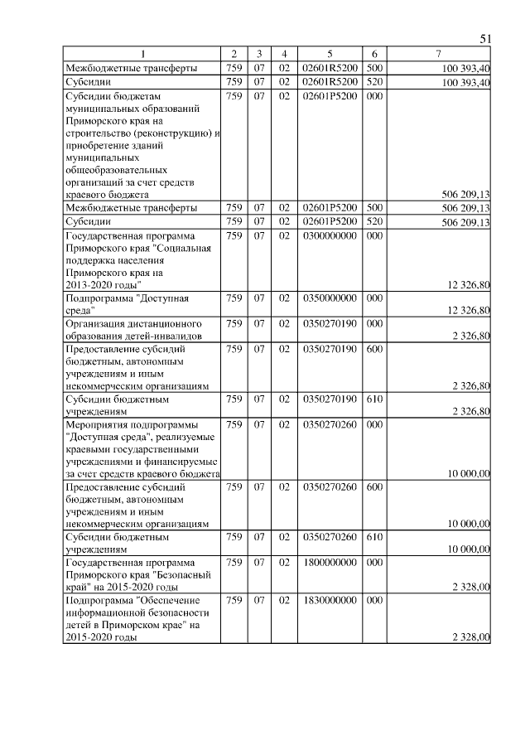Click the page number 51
pos(486,39)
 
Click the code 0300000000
pos(330,236)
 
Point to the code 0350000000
pos(330,298)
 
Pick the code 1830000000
pos(330,599)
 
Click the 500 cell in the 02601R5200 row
pos(373,68)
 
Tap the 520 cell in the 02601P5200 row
pos(373,222)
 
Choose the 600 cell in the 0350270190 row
pos(373,350)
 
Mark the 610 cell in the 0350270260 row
pos(373,537)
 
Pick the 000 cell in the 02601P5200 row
pos(373,97)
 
